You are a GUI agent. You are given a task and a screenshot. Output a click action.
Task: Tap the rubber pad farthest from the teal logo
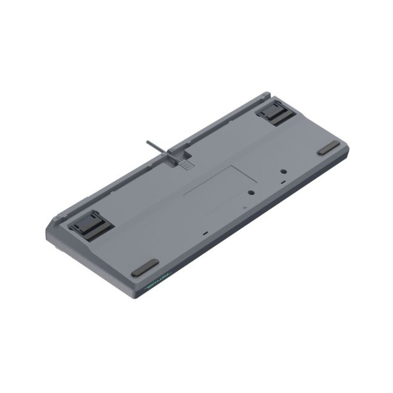click(328, 148)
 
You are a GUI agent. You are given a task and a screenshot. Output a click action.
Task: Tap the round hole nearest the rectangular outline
click(251, 192)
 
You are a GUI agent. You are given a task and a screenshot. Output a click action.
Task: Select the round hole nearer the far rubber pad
click(283, 172)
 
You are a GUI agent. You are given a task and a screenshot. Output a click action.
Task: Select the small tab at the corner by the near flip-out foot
click(57, 216)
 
